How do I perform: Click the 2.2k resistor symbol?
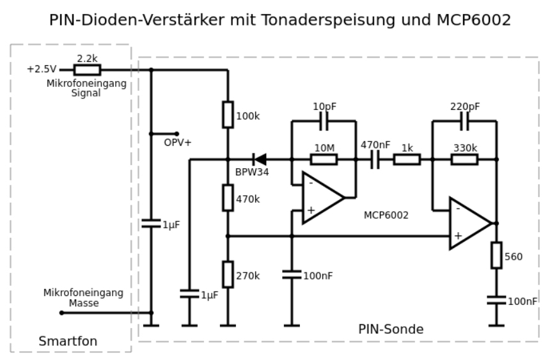tap(87, 70)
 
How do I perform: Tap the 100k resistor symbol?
tap(228, 114)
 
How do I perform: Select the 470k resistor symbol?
tap(228, 198)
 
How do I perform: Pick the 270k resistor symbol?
tap(228, 274)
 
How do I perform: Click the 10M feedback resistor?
tap(324, 159)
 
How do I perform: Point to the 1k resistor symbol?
tap(407, 159)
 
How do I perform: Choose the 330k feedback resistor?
tap(464, 159)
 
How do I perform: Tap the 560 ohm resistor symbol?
tap(496, 255)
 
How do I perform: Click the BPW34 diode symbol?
tap(259, 159)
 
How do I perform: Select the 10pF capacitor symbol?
tap(324, 121)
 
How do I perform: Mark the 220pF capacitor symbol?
tap(464, 121)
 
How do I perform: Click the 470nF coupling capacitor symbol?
tap(375, 159)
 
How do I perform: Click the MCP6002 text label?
tap(386, 215)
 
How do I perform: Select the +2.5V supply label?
tap(42, 69)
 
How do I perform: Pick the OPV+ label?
tap(177, 143)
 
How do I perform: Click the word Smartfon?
tap(68, 341)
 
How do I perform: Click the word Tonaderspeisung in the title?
tap(319, 20)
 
